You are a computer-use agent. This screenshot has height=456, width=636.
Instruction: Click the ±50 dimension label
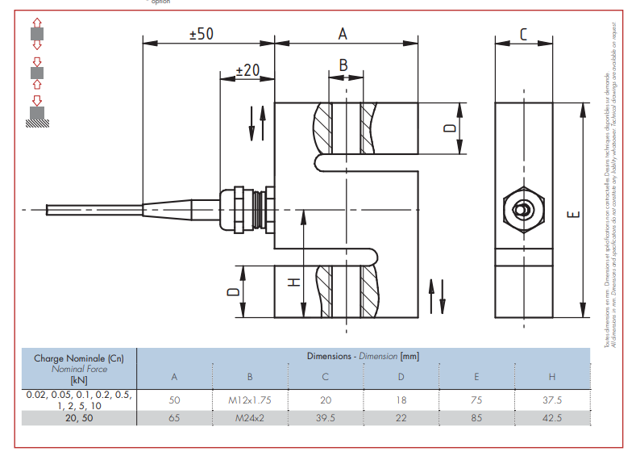[x=201, y=34]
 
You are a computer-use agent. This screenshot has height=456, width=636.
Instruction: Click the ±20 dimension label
[x=247, y=71]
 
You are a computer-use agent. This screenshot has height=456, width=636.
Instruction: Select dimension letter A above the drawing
[x=343, y=34]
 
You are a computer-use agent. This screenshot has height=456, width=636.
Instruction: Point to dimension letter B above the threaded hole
[x=343, y=65]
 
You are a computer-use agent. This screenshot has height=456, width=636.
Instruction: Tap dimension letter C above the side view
[x=523, y=34]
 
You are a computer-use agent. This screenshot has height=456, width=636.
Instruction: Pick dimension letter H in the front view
[x=294, y=282]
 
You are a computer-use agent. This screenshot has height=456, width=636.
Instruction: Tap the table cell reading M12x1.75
[x=250, y=400]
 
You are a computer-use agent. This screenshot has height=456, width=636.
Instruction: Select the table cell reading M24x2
[x=250, y=417]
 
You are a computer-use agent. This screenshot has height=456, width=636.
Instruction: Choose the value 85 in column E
[x=476, y=417]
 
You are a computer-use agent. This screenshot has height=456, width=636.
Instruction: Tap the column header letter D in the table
[x=401, y=377]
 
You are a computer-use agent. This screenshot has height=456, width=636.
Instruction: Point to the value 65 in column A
[x=174, y=417]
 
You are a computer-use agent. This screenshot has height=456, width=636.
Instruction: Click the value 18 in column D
[x=401, y=400]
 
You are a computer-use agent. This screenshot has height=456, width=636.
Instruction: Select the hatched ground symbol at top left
[x=37, y=121]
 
